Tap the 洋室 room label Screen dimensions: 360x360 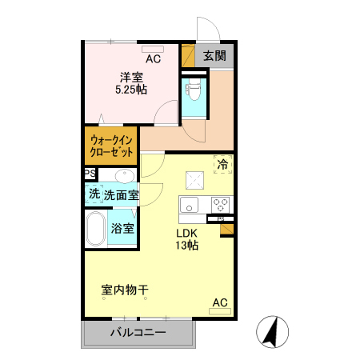coord(131,77)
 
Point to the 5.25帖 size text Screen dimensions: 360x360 coord(131,90)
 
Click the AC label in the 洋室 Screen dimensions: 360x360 coord(153,58)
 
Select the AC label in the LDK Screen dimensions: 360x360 coord(220,302)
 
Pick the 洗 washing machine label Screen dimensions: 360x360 coord(94,194)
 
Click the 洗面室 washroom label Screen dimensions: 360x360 coord(121,194)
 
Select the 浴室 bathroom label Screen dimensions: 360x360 coord(123,229)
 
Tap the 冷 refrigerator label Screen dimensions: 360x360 coord(222,164)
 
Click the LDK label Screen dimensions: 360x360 coord(187,233)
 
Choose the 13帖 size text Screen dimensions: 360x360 coord(187,246)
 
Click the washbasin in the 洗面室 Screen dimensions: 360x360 coord(124,176)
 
